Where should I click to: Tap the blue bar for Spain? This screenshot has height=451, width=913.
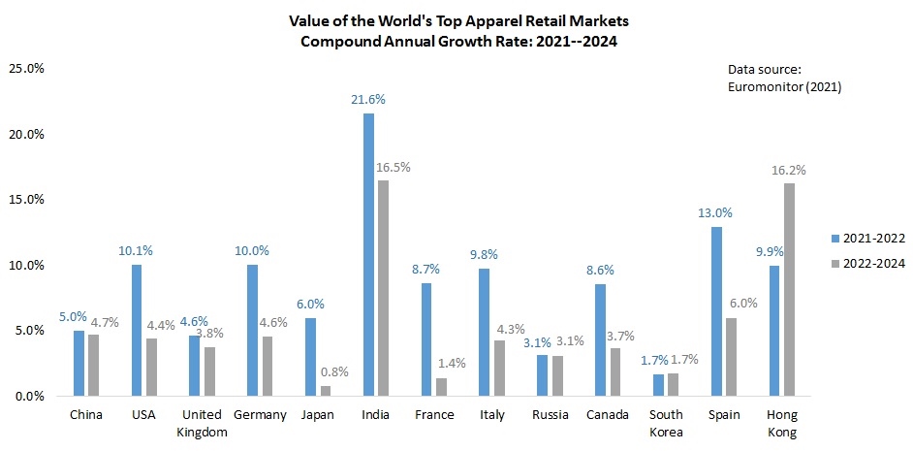coord(716,310)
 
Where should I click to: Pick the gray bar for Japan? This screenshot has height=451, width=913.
coord(326,391)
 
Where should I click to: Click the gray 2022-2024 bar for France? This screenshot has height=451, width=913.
coord(441,387)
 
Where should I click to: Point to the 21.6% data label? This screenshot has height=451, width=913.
coord(368,100)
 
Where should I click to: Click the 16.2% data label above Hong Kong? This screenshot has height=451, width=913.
coord(789,170)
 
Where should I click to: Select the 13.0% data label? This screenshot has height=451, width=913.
coord(715,212)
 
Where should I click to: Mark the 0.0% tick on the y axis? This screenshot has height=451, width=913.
coord(28,396)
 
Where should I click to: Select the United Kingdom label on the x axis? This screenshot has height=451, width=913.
coord(203,424)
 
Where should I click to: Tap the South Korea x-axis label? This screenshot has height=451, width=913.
coord(666,424)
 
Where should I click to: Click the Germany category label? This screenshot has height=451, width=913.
coord(260,415)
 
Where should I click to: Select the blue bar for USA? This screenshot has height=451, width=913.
coord(137,330)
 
